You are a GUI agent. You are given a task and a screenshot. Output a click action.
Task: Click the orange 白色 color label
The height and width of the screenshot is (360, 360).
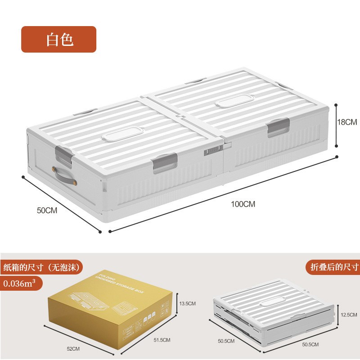pos(59,40)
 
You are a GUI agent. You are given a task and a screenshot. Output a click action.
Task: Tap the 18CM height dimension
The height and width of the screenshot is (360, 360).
pos(347,122)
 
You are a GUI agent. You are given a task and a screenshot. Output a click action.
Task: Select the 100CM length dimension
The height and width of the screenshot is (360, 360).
pos(243,204)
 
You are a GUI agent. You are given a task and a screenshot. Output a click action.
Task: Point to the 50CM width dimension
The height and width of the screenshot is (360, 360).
pos(47,210)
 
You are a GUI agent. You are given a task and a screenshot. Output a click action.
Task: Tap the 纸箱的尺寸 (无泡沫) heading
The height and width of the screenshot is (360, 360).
pos(42,266)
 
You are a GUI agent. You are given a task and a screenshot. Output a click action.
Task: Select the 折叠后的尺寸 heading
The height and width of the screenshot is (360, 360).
pos(334,266)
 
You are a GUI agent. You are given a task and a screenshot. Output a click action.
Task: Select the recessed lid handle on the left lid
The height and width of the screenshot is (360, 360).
pos(119,136)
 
